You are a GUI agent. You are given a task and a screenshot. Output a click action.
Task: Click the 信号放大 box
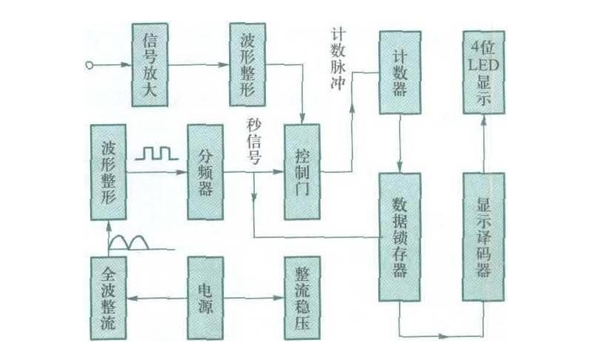tap(152, 64)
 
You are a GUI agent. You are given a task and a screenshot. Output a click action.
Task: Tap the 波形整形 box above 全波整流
tap(109, 172)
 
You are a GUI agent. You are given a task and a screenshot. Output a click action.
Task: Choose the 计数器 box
tap(400, 72)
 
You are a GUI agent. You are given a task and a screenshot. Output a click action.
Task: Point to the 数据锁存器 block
tap(400, 236)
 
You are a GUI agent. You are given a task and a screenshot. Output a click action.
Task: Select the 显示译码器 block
tap(484, 236)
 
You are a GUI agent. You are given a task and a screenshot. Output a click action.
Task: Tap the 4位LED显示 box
tap(484, 72)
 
